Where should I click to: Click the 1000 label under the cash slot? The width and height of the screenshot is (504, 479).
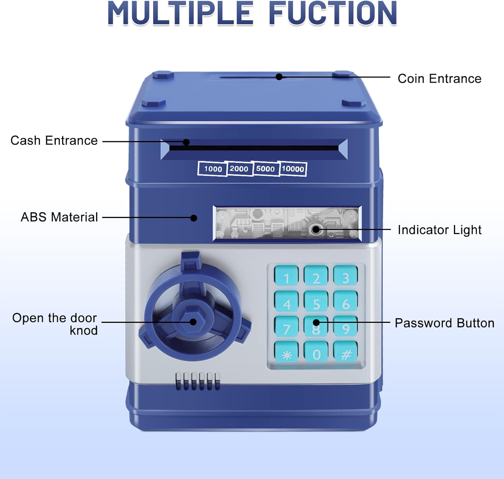213,169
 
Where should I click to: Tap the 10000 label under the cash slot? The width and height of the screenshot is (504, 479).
293,169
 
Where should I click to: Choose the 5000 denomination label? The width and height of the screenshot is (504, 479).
265,169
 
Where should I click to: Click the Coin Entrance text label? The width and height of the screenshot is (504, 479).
439,79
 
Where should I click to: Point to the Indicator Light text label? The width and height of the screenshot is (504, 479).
439,230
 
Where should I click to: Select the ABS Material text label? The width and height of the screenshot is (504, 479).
59,217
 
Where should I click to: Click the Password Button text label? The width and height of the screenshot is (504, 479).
444,323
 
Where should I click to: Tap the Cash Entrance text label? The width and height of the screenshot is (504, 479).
54,140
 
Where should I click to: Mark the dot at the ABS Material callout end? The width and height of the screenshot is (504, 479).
194,218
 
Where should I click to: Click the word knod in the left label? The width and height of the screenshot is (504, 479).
83,331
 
